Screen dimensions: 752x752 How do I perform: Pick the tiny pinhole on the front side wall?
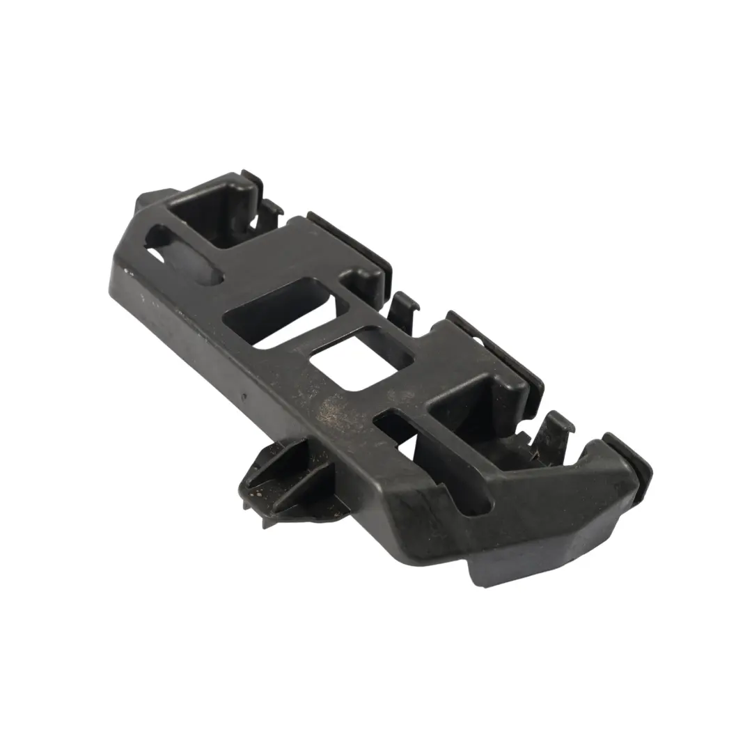pos(244,397)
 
